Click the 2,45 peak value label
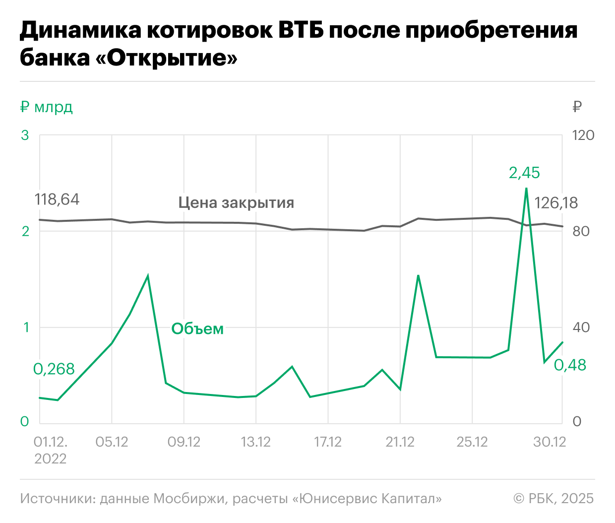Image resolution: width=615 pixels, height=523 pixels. (x=524, y=173)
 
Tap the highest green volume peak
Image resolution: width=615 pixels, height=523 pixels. (x=526, y=189)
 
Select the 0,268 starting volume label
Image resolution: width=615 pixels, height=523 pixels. (x=54, y=369)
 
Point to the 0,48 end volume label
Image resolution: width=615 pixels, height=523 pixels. (x=570, y=365)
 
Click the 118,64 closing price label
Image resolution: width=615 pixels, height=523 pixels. (x=57, y=199)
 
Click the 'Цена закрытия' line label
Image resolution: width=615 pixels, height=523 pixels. (x=236, y=202)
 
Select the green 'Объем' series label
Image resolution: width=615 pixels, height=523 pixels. (x=197, y=328)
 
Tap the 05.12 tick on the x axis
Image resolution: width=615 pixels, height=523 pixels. (x=112, y=442)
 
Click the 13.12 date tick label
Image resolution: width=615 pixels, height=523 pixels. (x=256, y=442)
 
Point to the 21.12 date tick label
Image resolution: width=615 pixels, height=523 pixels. (x=400, y=442)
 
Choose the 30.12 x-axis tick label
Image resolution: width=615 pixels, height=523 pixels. (x=550, y=442)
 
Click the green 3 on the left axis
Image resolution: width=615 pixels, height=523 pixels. (x=25, y=135)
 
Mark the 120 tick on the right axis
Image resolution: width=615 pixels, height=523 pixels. (x=583, y=135)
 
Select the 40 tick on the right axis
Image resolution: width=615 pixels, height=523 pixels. (x=581, y=327)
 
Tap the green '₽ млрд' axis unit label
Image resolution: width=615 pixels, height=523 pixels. (x=47, y=107)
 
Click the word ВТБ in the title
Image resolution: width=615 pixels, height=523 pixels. (x=301, y=30)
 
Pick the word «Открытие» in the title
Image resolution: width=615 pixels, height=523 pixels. (x=166, y=58)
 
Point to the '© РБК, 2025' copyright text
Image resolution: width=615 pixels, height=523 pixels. (x=553, y=498)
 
